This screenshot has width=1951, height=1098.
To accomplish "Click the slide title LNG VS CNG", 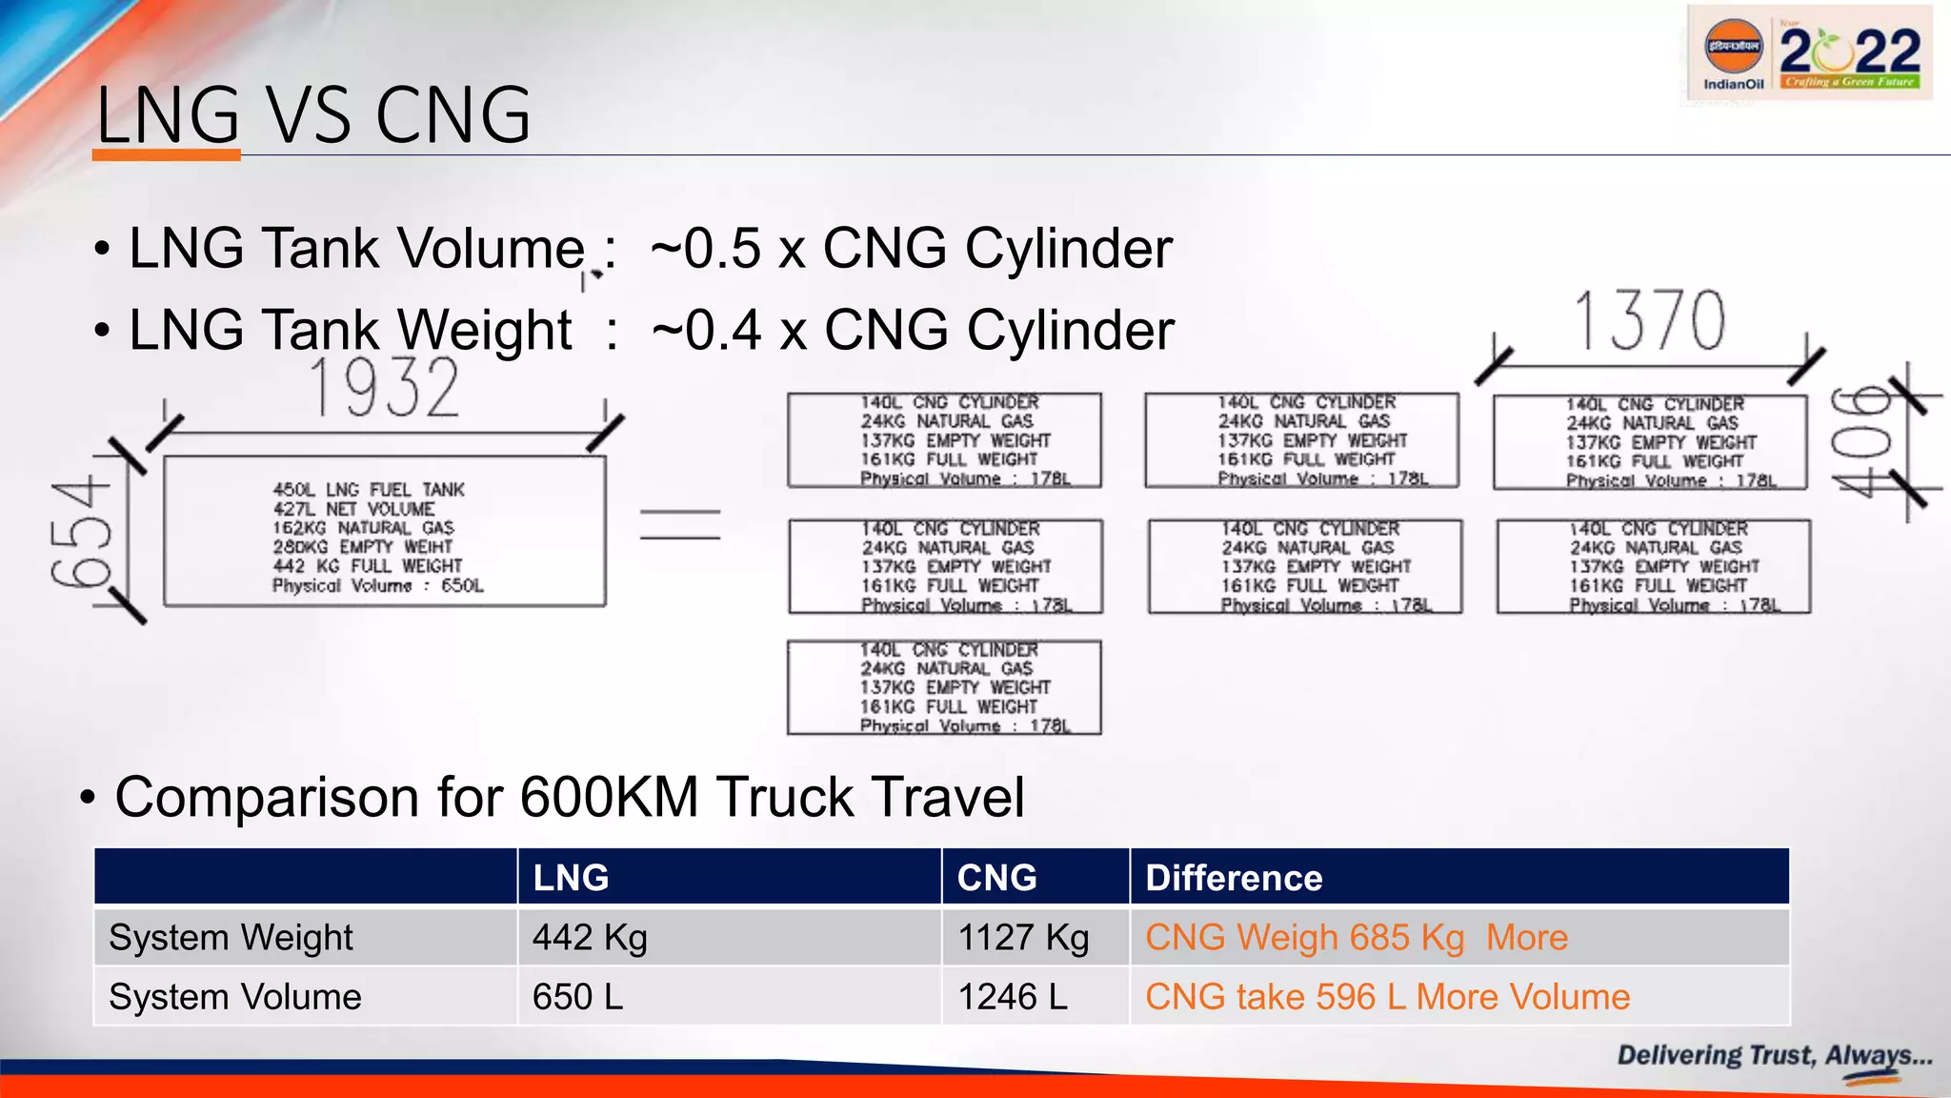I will [x=313, y=115].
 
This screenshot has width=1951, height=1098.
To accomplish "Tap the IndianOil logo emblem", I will [x=1733, y=48].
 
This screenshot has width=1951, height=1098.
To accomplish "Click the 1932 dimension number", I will [x=385, y=388].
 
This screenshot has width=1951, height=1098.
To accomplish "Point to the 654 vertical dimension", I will [x=80, y=533].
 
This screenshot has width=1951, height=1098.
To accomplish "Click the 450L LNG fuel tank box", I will [x=384, y=532].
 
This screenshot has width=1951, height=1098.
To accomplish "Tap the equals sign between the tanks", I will [x=679, y=525].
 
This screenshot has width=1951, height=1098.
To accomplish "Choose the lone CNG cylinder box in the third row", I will [x=944, y=687].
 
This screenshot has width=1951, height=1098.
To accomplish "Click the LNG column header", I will [x=571, y=878].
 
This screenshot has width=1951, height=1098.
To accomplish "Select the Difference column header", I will [x=1234, y=878].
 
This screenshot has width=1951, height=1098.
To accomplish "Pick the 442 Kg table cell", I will [x=590, y=938].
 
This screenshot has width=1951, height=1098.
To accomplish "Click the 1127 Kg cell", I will [x=1023, y=938].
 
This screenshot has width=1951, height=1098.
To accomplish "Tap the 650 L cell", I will [x=577, y=997].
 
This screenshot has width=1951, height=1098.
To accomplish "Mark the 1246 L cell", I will [x=1012, y=997].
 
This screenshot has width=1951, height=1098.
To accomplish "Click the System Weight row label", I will [x=231, y=938].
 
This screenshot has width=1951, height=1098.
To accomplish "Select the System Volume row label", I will [x=235, y=997].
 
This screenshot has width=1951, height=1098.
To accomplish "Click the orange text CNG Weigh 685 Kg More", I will [x=1356, y=938].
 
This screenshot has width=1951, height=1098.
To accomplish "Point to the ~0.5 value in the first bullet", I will [x=706, y=249].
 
